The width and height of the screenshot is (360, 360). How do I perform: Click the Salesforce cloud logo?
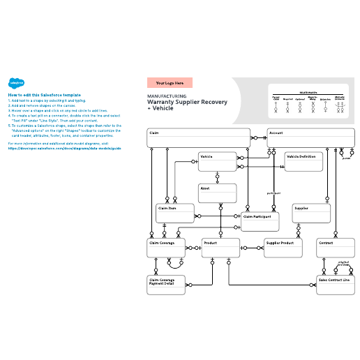click(x=15, y=82)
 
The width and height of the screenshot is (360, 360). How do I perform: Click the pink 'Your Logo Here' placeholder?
click(x=170, y=82)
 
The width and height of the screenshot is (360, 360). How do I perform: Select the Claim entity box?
click(x=198, y=137)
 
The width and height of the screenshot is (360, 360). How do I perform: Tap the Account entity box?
click(x=307, y=137)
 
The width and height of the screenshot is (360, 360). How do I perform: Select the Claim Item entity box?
click(x=174, y=213)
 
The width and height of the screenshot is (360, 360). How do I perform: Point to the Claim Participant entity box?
click(x=260, y=221)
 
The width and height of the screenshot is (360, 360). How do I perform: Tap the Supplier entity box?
click(x=310, y=213)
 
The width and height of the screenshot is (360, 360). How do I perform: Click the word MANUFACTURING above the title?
click(x=167, y=96)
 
